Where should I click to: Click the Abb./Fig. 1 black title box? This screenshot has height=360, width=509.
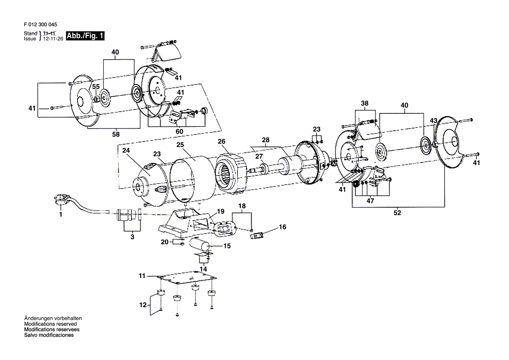85,36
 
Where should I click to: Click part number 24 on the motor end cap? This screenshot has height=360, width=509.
126,150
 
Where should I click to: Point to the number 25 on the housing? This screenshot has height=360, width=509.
180,145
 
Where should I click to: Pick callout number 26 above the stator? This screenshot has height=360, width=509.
221,141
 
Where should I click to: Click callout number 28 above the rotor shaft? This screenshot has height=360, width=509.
266,140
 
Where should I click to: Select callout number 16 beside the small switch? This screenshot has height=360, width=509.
283,227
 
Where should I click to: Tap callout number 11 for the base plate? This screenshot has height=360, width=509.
142,276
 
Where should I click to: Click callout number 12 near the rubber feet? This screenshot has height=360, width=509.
143,305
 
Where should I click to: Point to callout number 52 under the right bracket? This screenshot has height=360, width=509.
398,213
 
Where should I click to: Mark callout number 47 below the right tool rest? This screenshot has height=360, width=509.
371,201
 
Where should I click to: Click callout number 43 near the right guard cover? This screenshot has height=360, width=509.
433,121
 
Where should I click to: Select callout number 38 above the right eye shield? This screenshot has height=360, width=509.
364,103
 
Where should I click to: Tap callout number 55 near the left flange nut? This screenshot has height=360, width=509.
96,87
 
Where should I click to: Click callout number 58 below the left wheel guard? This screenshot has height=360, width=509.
115,134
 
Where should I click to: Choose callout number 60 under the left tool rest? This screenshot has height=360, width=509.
179,132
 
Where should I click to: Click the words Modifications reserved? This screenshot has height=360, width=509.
51,324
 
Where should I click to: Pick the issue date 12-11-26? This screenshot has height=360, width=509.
53,39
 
